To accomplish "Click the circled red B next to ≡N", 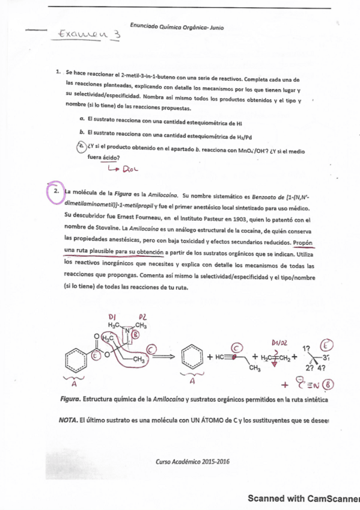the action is click(x=328, y=385).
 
